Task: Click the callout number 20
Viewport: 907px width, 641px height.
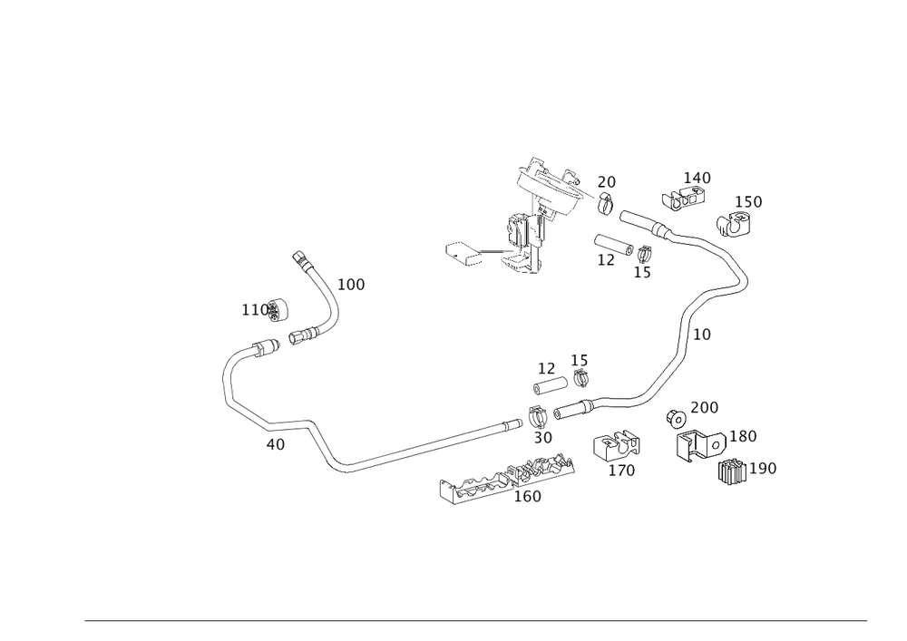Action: click(606, 182)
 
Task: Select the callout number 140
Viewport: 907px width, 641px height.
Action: click(697, 177)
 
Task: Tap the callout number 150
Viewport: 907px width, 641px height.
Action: click(750, 201)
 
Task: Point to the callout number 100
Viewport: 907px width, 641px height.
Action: click(351, 285)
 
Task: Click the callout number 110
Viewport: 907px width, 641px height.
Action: click(253, 309)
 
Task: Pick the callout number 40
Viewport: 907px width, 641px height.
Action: click(276, 444)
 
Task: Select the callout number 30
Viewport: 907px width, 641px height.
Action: click(542, 438)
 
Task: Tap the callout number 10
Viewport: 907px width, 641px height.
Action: click(700, 335)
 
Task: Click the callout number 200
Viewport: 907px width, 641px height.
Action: click(704, 406)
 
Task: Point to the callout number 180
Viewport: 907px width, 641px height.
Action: click(744, 436)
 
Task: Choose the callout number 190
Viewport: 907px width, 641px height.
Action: click(764, 468)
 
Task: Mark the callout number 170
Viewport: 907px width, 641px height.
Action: click(621, 471)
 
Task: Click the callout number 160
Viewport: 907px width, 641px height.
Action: click(527, 497)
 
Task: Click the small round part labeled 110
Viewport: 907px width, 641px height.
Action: click(278, 310)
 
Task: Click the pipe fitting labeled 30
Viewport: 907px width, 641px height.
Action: click(538, 418)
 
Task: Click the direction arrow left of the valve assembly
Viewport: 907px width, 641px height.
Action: click(463, 254)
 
